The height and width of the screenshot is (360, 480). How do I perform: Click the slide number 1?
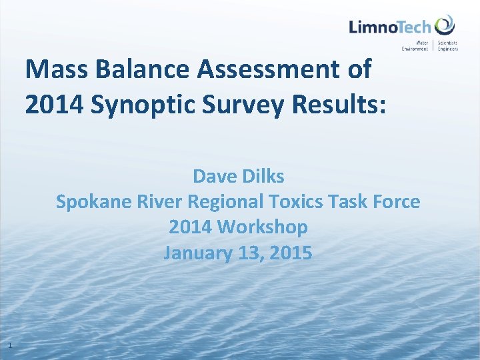(9, 345)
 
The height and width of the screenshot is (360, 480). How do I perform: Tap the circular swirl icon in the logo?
(445, 26)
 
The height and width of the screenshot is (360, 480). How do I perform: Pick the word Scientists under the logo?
(448, 43)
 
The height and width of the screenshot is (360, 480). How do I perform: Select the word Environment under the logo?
(415, 49)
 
